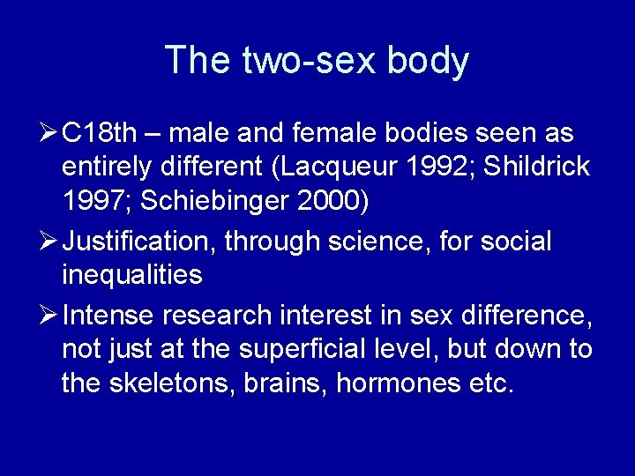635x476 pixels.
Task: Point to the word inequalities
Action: pos(132,275)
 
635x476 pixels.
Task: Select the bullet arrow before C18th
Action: pos(49,134)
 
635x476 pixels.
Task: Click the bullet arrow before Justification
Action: pos(49,241)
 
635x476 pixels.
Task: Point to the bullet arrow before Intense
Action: pos(49,313)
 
